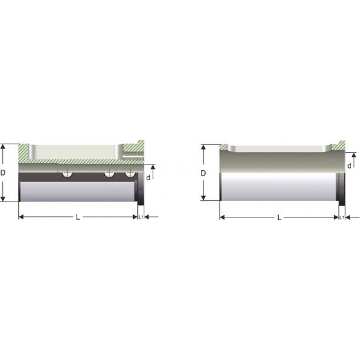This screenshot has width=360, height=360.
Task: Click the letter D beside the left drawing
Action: click(3, 173)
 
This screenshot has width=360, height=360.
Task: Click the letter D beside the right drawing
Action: click(203, 173)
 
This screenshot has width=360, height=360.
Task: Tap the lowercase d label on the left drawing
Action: click(148, 177)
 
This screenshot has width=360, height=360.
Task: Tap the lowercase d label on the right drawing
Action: click(349, 166)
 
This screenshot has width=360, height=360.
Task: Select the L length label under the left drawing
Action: click(78, 217)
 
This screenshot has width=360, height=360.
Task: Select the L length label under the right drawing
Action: click(279, 218)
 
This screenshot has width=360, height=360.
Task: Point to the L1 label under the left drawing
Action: click(141, 217)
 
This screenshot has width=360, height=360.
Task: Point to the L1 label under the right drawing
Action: click(342, 217)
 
